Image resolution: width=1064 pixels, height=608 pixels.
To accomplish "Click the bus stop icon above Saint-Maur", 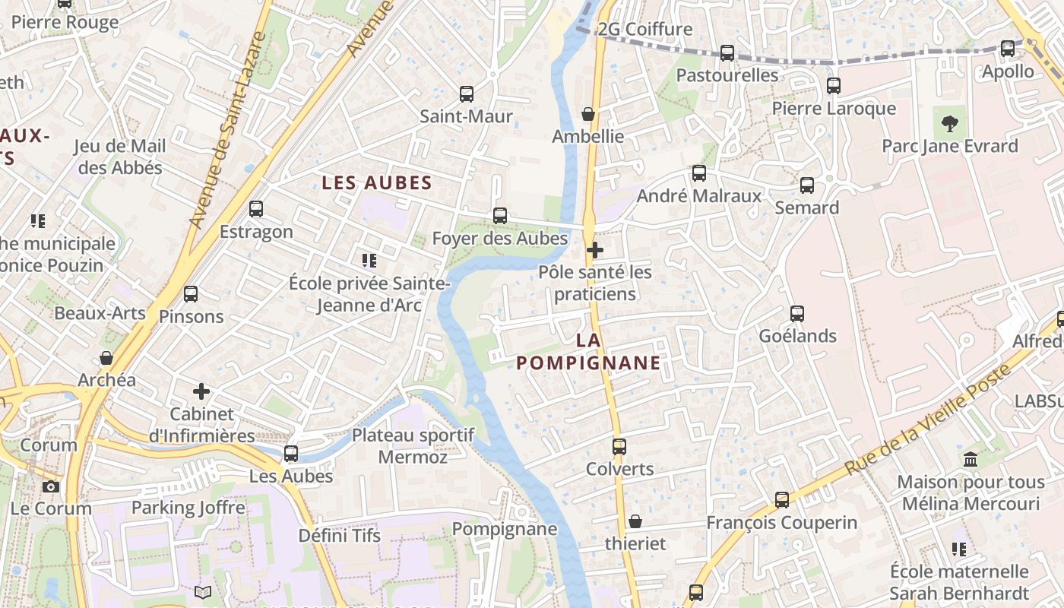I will [467, 94].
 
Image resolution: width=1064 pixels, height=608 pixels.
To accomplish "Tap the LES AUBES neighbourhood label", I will [377, 182].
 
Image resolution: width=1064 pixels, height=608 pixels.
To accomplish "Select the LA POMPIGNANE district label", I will [588, 352].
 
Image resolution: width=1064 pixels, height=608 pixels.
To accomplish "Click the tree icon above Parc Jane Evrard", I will [949, 123].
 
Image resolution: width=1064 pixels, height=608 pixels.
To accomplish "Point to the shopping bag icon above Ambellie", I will [587, 114].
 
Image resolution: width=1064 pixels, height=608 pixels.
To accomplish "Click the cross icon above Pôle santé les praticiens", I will [595, 249].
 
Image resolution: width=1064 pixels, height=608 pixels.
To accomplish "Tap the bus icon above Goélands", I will [797, 313].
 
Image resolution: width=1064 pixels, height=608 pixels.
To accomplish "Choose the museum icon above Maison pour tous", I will [971, 459].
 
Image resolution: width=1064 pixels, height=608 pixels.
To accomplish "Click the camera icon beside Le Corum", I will [51, 486].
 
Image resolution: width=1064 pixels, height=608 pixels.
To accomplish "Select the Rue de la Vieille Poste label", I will [927, 420].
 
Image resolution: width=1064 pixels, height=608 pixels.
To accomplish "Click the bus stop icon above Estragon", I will [256, 208].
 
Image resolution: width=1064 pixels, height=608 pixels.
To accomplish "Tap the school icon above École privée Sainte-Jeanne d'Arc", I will [369, 261].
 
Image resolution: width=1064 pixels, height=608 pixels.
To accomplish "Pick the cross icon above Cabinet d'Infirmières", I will [201, 391].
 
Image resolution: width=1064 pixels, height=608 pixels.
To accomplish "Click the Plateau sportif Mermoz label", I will [413, 446].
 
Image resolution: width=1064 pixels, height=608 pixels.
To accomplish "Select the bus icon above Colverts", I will [619, 446].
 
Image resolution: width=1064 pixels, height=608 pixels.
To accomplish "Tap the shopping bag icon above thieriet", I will [635, 521].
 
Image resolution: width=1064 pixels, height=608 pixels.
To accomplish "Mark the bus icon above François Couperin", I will [782, 499].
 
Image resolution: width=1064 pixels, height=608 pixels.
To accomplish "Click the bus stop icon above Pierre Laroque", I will [834, 86].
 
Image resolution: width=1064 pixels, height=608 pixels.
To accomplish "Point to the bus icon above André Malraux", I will [699, 173].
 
